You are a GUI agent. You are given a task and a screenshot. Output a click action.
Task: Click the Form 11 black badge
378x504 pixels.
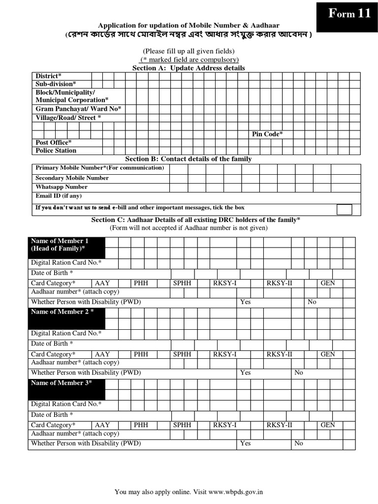349,15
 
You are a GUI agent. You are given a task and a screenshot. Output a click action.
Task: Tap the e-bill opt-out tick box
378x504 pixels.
345,209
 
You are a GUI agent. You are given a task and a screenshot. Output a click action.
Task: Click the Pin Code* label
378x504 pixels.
267,134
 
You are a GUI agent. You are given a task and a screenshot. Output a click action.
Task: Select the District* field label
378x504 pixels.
48,76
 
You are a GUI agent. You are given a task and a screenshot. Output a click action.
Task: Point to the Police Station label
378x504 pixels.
56,151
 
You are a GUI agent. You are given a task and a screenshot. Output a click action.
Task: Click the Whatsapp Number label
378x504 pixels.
62,187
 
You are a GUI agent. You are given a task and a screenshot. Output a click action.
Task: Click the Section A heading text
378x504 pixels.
189,68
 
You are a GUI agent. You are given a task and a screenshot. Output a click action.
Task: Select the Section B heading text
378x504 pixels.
189,159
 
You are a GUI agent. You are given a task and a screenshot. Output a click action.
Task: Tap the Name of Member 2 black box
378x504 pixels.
66,318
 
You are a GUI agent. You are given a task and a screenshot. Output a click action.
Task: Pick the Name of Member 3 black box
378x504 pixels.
66,389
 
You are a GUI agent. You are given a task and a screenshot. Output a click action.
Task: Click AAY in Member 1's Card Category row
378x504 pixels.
102,283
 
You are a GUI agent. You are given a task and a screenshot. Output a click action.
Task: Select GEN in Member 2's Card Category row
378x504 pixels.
328,354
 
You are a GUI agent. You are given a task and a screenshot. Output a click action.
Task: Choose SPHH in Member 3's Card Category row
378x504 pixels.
182,425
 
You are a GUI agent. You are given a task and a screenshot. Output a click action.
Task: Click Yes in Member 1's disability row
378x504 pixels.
245,302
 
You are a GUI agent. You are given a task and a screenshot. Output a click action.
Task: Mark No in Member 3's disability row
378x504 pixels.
299,443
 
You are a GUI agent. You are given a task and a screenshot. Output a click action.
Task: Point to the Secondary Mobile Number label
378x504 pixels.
72,178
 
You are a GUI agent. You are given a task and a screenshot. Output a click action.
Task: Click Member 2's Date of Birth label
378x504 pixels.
52,344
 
